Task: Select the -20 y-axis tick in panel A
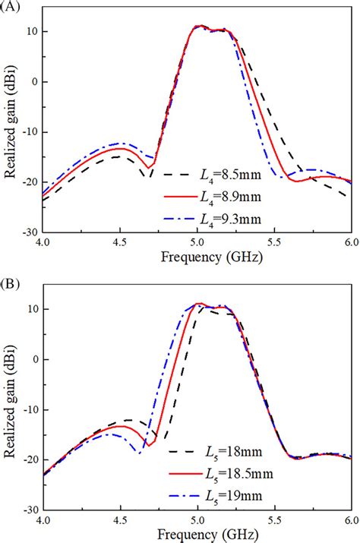click(x=28, y=182)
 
